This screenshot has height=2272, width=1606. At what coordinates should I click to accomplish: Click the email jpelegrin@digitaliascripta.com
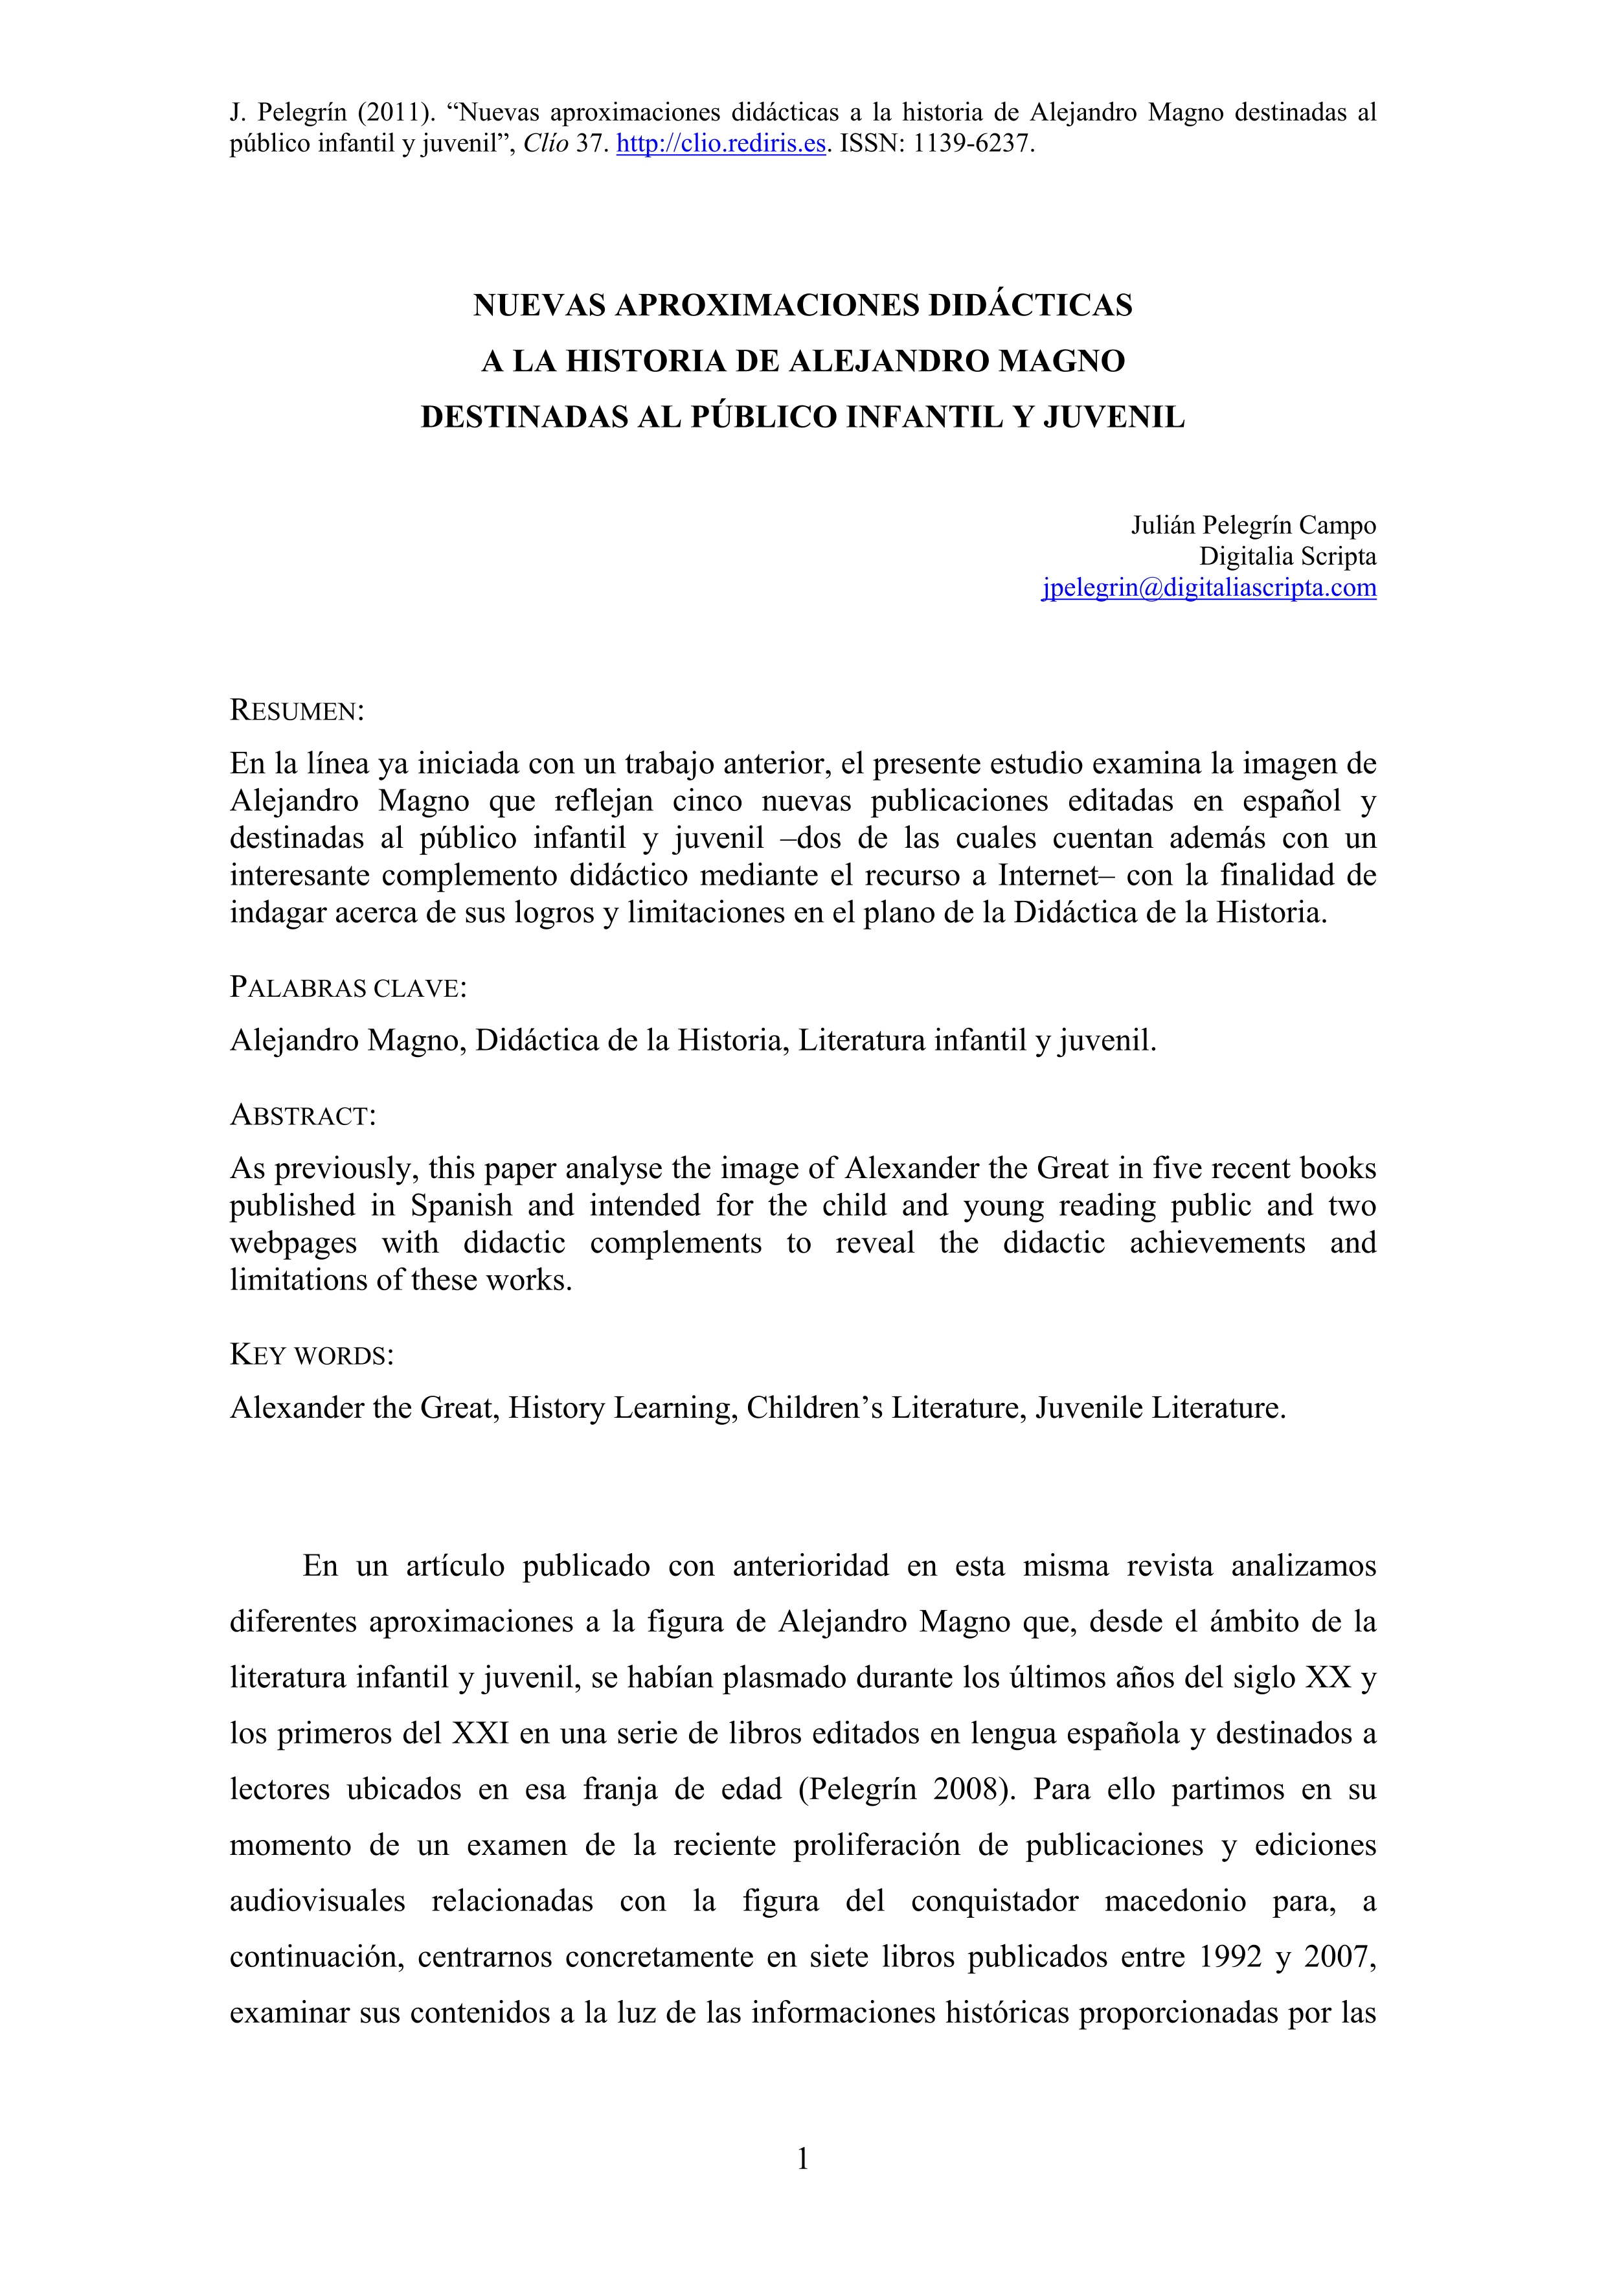click(x=1208, y=588)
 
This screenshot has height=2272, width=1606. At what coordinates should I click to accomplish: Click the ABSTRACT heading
click(x=303, y=1115)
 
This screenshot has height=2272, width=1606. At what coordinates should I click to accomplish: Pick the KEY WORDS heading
click(x=311, y=1355)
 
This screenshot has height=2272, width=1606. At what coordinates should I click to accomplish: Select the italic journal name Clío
click(x=545, y=144)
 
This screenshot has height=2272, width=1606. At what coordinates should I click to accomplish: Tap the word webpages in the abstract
click(x=293, y=1243)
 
